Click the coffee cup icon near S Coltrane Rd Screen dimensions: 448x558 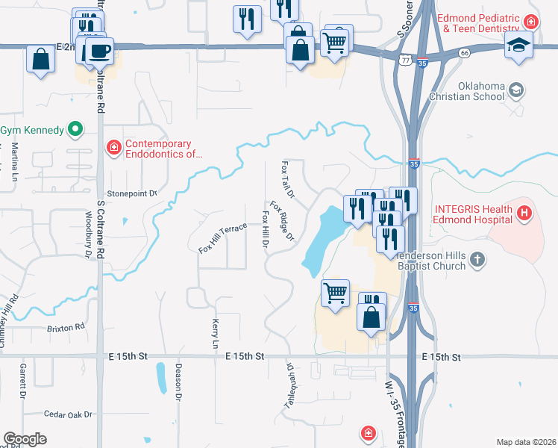coord(98,51)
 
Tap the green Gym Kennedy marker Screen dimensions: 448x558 coord(75,130)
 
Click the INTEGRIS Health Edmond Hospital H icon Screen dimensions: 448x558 coord(525,214)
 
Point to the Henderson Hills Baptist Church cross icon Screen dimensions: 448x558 coord(478,260)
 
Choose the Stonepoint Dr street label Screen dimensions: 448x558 coord(133,193)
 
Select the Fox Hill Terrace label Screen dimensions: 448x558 coord(222,238)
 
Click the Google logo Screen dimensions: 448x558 coord(25,439)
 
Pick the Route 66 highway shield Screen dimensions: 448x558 coord(464,53)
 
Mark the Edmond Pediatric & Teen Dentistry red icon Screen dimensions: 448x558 coord(530,22)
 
